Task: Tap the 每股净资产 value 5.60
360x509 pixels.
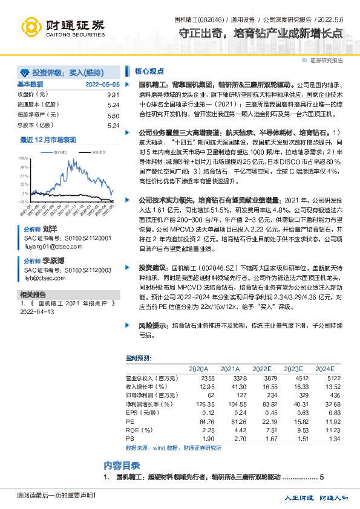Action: pyautogui.click(x=113, y=115)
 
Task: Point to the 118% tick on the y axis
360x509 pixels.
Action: pyautogui.click(x=24, y=157)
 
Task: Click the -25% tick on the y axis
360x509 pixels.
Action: pyautogui.click(x=24, y=202)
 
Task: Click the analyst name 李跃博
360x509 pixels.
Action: pyautogui.click(x=54, y=260)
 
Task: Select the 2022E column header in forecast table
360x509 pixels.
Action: pyautogui.click(x=262, y=368)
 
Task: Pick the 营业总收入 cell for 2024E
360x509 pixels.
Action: pyautogui.click(x=324, y=377)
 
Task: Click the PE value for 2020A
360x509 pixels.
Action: pyautogui.click(x=198, y=421)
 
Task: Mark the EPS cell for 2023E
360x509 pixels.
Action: pyautogui.click(x=293, y=412)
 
